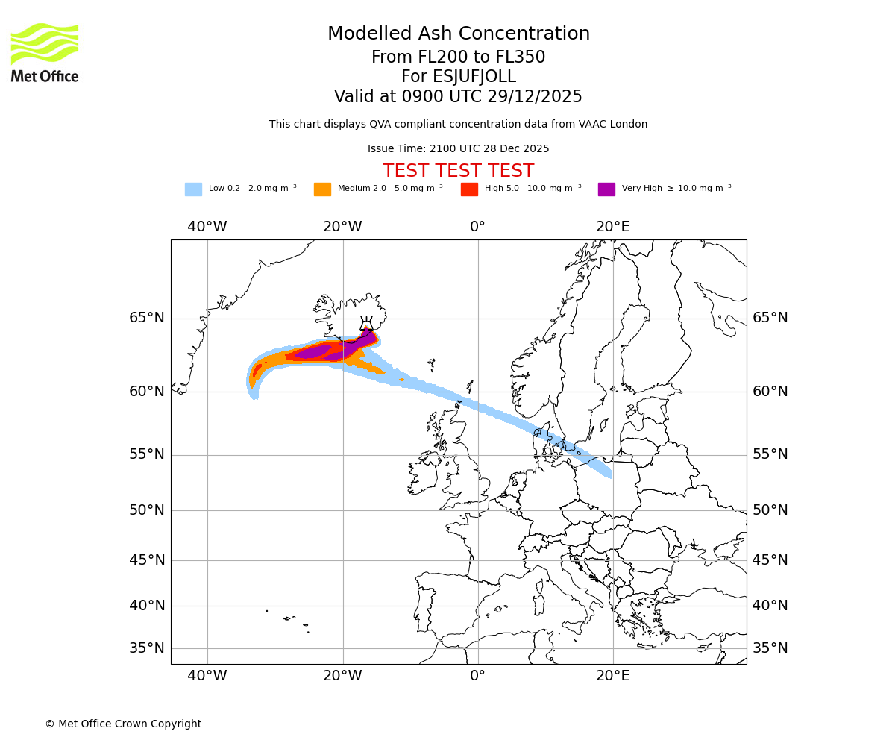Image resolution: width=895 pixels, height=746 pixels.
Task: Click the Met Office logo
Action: [45, 52]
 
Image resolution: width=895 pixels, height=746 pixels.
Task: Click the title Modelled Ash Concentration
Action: [458, 34]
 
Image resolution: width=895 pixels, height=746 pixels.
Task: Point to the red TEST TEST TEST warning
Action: [458, 171]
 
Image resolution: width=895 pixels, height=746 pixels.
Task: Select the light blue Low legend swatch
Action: [193, 189]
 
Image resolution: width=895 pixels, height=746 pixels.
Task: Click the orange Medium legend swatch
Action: [322, 189]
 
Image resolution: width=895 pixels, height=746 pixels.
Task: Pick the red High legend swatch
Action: [469, 189]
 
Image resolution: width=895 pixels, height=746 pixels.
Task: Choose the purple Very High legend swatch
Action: [606, 189]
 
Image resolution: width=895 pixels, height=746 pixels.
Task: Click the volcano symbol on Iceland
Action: [366, 325]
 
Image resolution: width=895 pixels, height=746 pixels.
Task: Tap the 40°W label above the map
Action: [207, 227]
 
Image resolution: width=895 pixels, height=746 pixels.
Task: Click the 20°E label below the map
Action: [612, 676]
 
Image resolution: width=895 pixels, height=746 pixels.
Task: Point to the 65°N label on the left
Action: [146, 318]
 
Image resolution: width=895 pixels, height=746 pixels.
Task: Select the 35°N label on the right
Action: [770, 648]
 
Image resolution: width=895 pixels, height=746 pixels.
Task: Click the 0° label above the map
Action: [477, 227]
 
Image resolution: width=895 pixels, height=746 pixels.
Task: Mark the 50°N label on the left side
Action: [146, 510]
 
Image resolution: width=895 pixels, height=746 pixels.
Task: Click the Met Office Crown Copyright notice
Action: [123, 724]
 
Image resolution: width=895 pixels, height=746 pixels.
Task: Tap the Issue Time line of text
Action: [458, 148]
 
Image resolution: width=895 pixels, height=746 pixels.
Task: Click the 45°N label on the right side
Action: [770, 560]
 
